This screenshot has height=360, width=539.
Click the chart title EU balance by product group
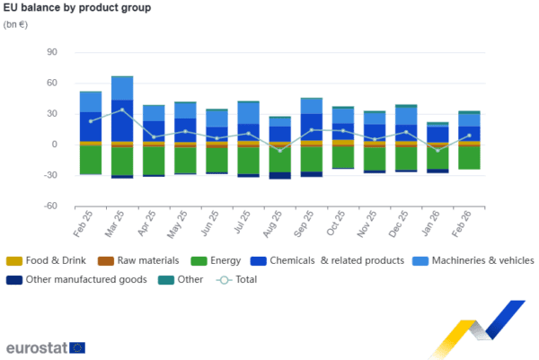pyautogui.click(x=75, y=8)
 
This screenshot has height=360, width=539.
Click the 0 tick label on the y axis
pyautogui.click(x=54, y=145)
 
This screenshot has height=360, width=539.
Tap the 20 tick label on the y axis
pyautogui.click(x=52, y=114)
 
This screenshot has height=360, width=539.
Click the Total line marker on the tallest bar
pyautogui.click(x=122, y=110)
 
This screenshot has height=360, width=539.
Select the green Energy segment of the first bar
pyautogui.click(x=91, y=159)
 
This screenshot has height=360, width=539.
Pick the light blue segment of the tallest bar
pyautogui.click(x=122, y=88)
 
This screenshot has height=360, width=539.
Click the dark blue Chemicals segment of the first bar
pyautogui.click(x=91, y=127)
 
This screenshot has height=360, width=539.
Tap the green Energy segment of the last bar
pyautogui.click(x=469, y=157)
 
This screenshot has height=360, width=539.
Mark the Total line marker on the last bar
pyautogui.click(x=469, y=136)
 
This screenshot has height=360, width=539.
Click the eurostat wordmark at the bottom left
pyautogui.click(x=35, y=347)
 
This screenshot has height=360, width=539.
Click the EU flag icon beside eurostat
pyautogui.click(x=78, y=347)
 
